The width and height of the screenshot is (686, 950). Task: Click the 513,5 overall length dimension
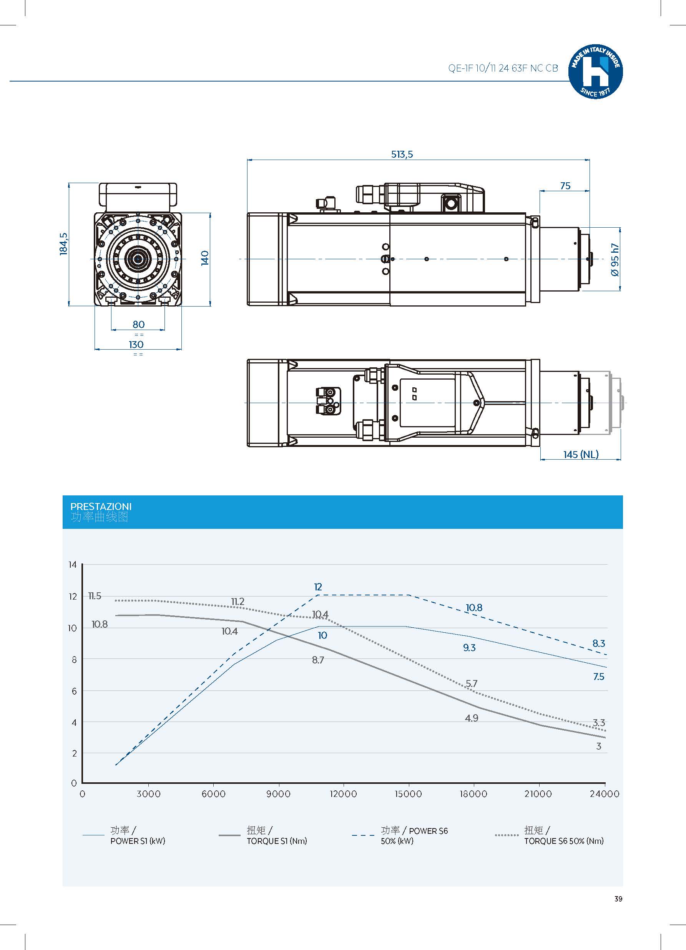(402, 154)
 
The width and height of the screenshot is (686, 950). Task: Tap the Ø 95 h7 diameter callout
(615, 260)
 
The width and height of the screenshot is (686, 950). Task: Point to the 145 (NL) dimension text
(581, 455)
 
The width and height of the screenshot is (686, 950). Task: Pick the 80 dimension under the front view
(138, 324)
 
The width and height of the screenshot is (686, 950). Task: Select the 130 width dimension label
(136, 344)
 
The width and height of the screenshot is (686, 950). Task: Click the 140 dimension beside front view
(205, 258)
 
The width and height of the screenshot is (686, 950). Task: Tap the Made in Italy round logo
(595, 72)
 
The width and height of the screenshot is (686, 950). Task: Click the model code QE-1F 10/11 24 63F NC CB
(503, 68)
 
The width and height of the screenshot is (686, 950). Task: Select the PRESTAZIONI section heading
(100, 507)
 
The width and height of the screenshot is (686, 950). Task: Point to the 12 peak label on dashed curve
(318, 587)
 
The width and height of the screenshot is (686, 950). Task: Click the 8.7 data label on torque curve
(318, 660)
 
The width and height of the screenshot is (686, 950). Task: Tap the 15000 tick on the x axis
(408, 794)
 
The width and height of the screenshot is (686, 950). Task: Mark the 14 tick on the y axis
(72, 565)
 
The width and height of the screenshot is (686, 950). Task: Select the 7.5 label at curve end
(598, 677)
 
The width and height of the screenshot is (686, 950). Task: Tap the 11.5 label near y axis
(95, 596)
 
